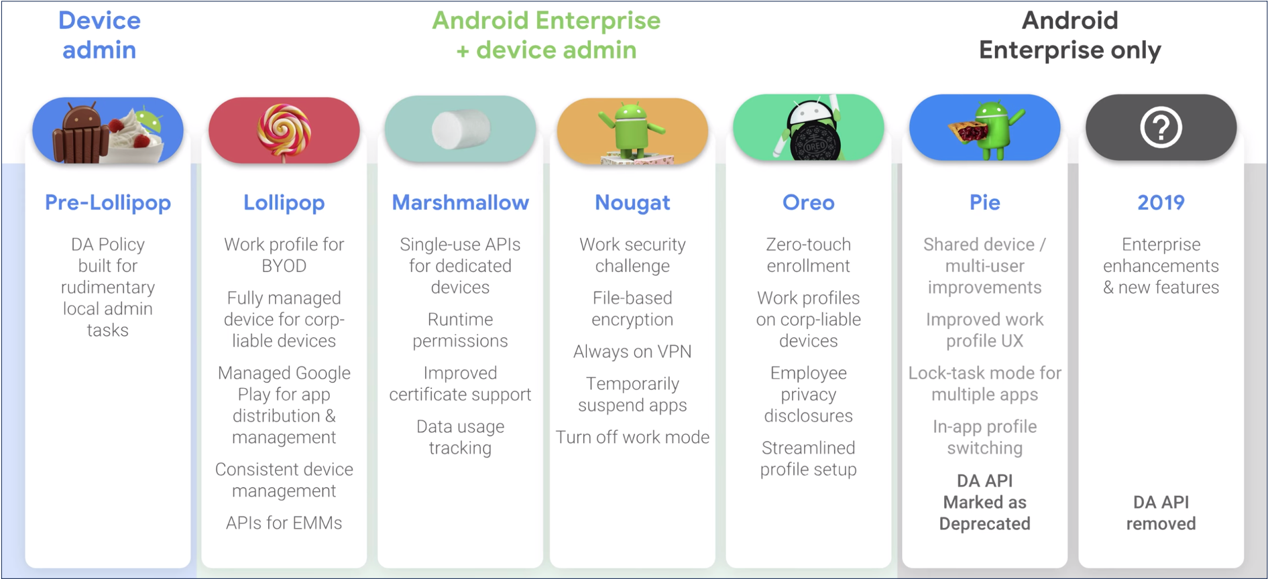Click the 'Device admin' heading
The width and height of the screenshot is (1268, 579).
(99, 35)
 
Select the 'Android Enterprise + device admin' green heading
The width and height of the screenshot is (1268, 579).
(546, 35)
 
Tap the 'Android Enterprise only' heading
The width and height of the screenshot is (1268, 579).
(1070, 35)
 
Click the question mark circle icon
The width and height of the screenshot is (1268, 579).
(1161, 127)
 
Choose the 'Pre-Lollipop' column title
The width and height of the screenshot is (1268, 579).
(108, 202)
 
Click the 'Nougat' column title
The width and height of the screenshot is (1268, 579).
(632, 202)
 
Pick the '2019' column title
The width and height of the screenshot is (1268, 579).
(1161, 202)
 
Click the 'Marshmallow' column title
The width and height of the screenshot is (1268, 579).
(460, 202)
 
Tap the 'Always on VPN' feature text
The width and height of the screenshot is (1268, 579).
(632, 352)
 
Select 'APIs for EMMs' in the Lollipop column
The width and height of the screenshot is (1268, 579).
(284, 523)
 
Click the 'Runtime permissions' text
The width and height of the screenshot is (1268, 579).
(460, 330)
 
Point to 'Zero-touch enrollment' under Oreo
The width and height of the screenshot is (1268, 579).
(808, 255)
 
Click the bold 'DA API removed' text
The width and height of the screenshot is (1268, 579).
(1161, 513)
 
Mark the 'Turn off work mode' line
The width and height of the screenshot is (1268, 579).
(632, 438)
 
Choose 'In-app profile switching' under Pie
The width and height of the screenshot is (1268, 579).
(984, 438)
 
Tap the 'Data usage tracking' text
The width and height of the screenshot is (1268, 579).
(460, 438)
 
